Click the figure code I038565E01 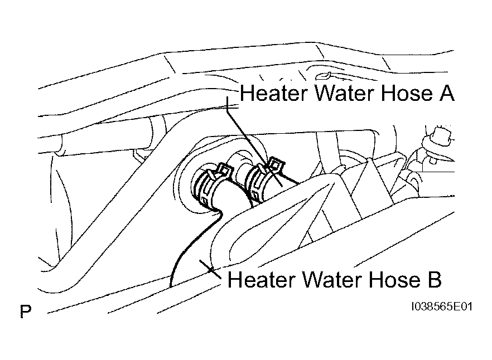click(442, 307)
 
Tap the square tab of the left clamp click(225, 169)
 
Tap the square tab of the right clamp click(277, 164)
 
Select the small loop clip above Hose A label click(324, 75)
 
